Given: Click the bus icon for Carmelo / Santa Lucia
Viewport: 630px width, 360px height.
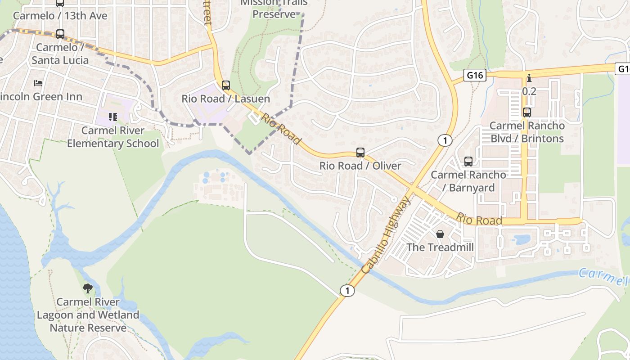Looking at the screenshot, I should click(60, 34).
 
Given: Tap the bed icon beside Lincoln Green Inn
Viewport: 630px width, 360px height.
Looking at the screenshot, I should click(38, 83).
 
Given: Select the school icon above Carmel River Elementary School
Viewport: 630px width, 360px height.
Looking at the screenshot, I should click(112, 117).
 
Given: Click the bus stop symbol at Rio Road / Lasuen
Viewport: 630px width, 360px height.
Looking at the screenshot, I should click(226, 85).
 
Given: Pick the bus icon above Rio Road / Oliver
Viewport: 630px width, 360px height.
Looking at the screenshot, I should click(360, 153).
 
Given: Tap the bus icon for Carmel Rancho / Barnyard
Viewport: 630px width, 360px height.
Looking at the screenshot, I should click(468, 162).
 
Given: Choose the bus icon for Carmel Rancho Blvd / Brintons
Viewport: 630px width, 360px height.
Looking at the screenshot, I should click(527, 112).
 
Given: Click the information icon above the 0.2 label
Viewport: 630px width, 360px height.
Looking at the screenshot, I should click(529, 78).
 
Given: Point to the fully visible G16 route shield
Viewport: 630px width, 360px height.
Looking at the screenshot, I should click(475, 75).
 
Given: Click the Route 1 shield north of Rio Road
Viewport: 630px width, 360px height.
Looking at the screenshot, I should click(445, 141).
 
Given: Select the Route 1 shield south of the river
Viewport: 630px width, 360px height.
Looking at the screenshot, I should click(347, 291).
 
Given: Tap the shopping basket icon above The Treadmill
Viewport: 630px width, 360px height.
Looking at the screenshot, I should click(440, 234).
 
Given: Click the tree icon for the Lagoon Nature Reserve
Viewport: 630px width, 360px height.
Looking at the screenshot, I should click(88, 288).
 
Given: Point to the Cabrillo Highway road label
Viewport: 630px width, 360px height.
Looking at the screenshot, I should click(386, 235).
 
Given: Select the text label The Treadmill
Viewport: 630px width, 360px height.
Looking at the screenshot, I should click(440, 247).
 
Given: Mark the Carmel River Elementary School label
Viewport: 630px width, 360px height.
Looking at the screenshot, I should click(113, 137).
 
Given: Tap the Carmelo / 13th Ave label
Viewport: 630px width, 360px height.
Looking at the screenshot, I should click(60, 16).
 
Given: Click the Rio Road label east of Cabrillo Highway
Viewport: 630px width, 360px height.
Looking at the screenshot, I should click(479, 219).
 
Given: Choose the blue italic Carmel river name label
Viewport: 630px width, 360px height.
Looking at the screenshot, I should click(603, 277).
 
